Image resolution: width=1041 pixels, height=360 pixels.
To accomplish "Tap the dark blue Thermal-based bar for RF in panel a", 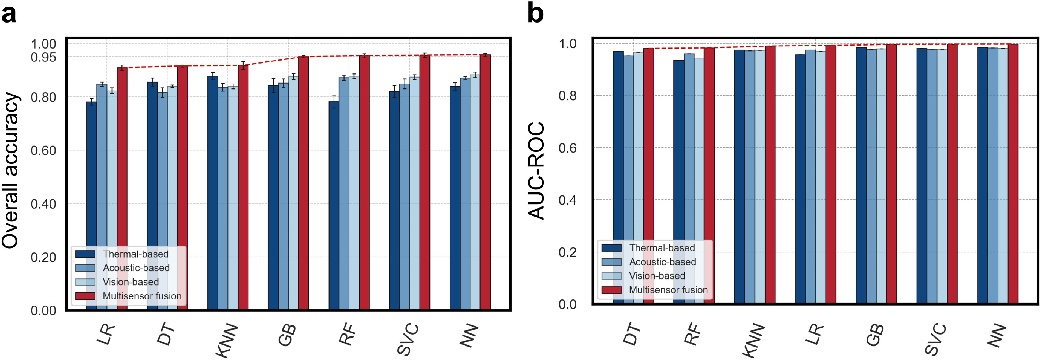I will click(334, 202).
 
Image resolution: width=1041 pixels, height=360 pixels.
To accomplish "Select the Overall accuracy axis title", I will click(10, 170).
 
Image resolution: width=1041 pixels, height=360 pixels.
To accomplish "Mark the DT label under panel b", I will click(632, 335).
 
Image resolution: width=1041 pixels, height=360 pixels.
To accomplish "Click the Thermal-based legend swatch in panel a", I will click(85, 254).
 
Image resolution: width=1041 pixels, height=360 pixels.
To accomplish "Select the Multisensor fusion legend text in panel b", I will click(668, 290).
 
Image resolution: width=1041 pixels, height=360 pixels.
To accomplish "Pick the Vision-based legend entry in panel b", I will click(657, 276).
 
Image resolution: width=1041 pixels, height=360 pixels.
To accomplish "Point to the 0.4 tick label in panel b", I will click(567, 200).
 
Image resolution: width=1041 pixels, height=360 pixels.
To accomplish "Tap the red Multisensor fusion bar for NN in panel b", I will click(1013, 174).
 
